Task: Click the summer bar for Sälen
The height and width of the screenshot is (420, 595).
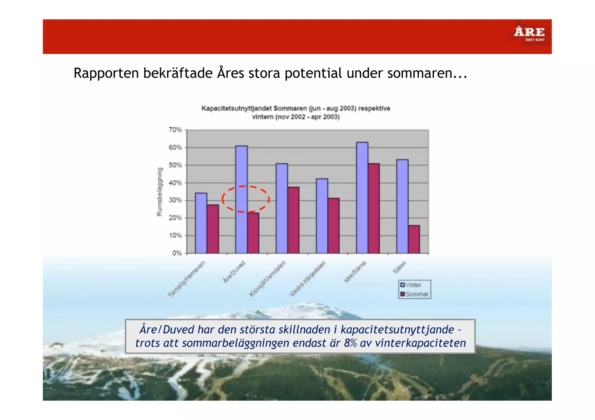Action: pyautogui.click(x=414, y=239)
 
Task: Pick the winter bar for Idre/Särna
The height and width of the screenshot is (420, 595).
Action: pyautogui.click(x=362, y=197)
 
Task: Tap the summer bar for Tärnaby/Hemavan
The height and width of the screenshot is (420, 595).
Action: pyautogui.click(x=213, y=229)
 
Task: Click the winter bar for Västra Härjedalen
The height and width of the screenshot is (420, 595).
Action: pyautogui.click(x=322, y=216)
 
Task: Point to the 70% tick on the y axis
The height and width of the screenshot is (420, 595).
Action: pyautogui.click(x=175, y=130)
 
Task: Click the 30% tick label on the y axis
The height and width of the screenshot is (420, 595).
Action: pyautogui.click(x=175, y=200)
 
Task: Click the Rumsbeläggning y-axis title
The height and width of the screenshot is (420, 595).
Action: pyautogui.click(x=159, y=192)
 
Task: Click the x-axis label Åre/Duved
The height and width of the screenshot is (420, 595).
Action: pyautogui.click(x=234, y=272)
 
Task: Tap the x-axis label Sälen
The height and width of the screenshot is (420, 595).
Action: pyautogui.click(x=399, y=267)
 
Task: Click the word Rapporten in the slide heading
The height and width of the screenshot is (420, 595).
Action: pyautogui.click(x=106, y=73)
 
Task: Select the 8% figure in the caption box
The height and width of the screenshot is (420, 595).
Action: pyautogui.click(x=350, y=343)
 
